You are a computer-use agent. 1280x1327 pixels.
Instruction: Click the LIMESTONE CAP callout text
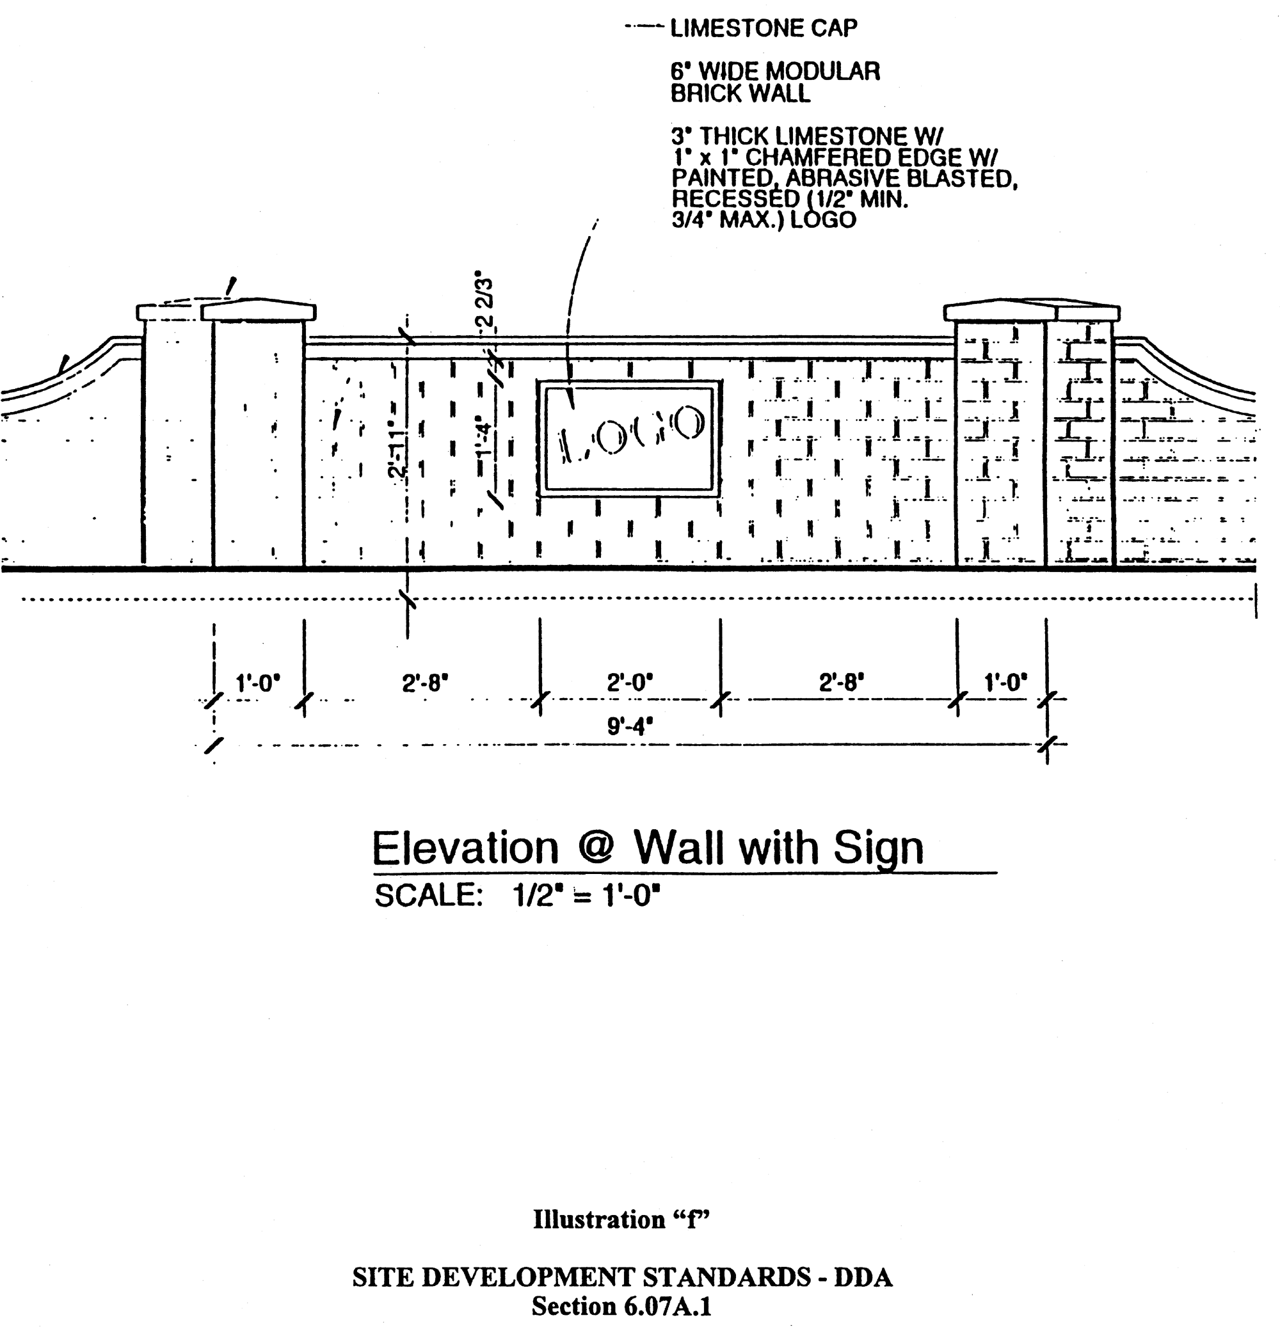764,28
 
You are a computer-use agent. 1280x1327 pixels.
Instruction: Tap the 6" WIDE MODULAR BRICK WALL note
775,82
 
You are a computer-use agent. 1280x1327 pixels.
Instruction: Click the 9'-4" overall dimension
629,726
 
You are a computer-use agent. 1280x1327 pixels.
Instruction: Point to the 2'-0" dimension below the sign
629,682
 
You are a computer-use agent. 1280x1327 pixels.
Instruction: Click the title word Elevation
465,848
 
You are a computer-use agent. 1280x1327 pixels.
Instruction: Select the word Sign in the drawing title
877,848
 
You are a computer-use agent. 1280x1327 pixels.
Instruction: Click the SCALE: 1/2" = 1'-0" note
516,896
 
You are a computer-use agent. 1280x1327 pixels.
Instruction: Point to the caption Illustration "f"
621,1220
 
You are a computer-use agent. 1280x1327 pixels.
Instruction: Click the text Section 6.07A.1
621,1306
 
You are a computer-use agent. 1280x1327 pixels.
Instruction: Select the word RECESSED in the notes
735,199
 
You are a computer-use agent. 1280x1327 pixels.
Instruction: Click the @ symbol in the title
595,848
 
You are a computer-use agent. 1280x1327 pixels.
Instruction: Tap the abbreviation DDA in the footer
863,1277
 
